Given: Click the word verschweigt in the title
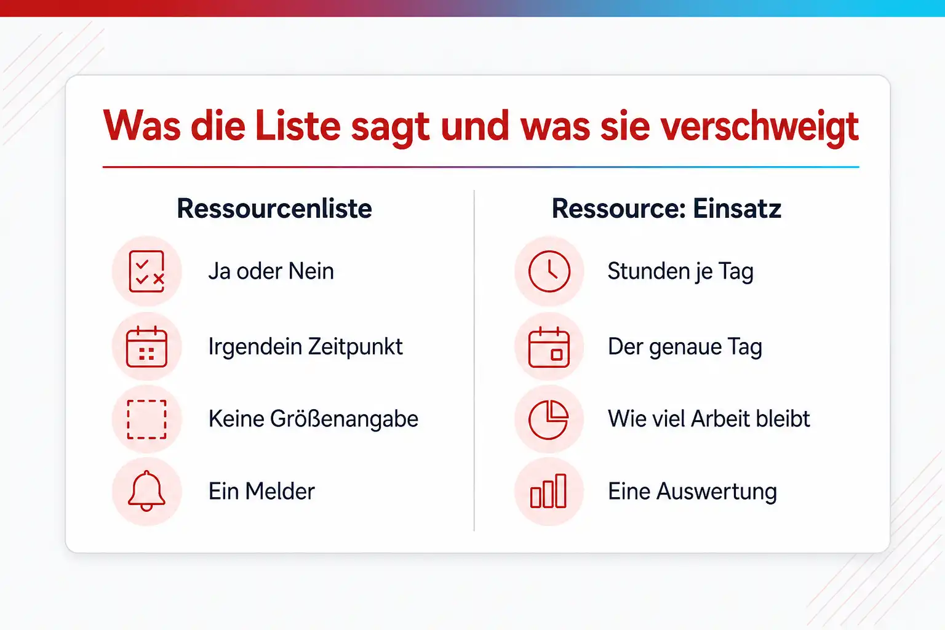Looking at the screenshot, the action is tap(759, 127).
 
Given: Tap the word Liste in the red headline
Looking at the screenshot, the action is tap(298, 126).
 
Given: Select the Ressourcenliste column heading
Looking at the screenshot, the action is tap(274, 209).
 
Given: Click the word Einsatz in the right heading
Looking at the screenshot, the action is tap(736, 209).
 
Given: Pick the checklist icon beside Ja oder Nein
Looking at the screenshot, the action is tap(146, 271).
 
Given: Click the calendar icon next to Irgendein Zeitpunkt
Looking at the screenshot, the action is tap(146, 346).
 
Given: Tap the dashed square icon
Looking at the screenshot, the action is tap(146, 420).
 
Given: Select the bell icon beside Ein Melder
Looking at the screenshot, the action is tap(146, 491).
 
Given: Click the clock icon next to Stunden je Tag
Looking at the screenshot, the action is tap(549, 271).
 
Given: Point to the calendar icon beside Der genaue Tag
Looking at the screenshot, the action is tap(549, 347).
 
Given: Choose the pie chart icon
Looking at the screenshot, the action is tap(548, 420).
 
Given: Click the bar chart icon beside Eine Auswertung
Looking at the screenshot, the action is tap(548, 491).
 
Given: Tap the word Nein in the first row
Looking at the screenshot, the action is tap(311, 271).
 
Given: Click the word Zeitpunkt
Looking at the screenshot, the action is tap(355, 347).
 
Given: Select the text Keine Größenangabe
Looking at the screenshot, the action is tap(313, 419).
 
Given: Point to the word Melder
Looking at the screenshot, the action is tap(280, 491).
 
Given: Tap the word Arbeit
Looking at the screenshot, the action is tap(721, 418).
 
